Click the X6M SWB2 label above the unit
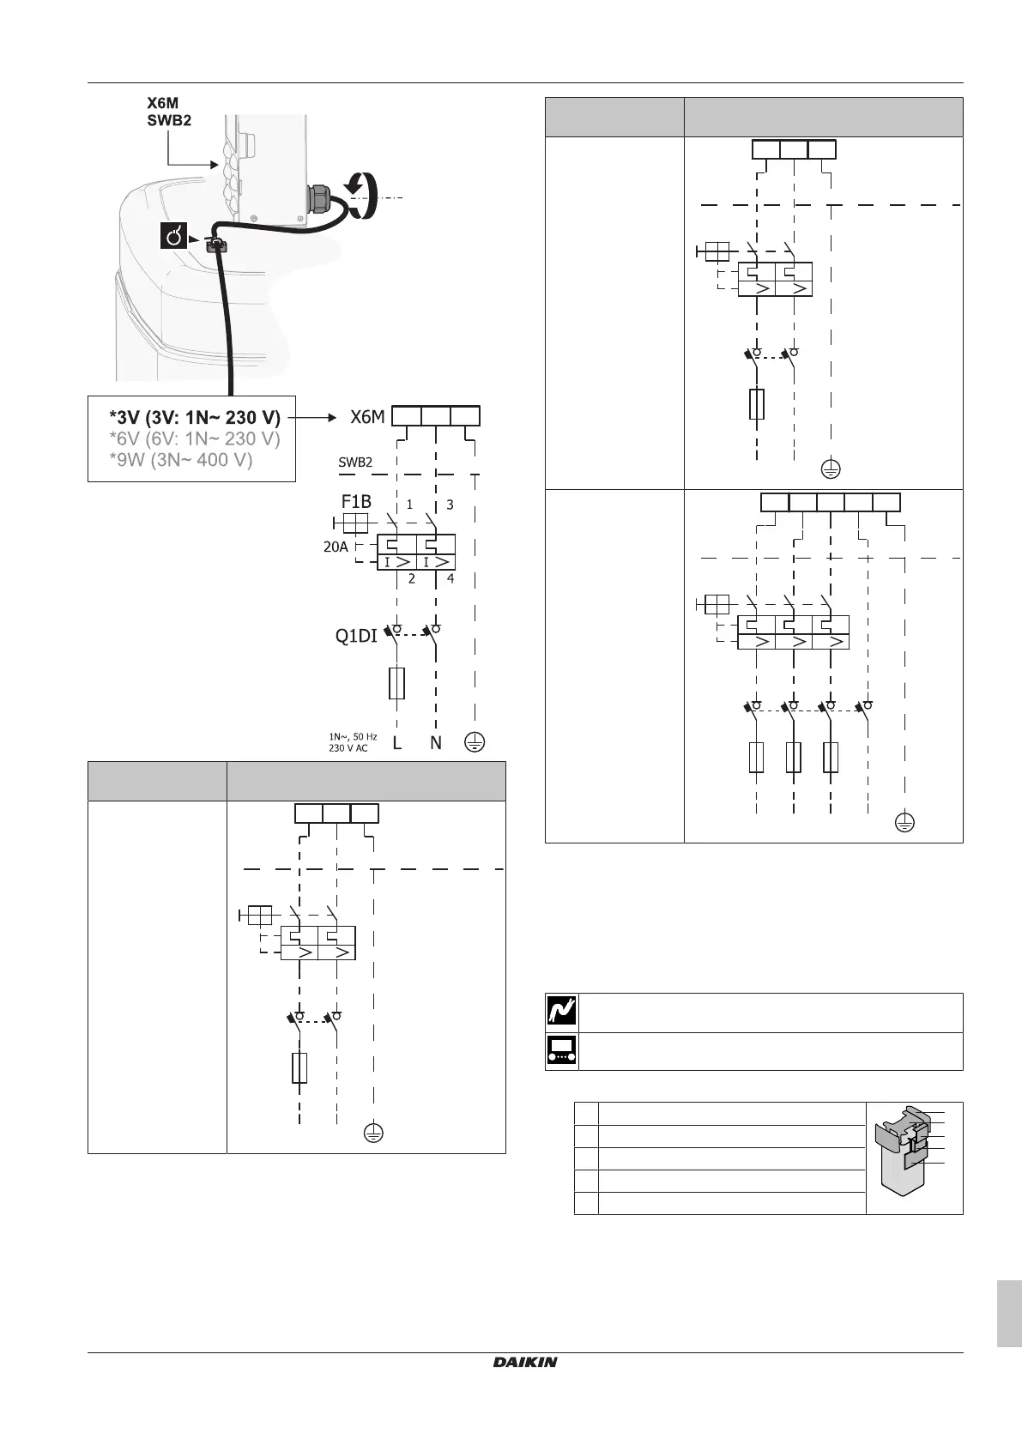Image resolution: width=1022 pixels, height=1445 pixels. coord(167,111)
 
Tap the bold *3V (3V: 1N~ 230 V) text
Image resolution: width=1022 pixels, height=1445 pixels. coord(195,418)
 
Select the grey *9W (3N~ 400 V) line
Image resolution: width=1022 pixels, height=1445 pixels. coord(180,460)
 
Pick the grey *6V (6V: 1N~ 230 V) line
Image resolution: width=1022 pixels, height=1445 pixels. coord(195,439)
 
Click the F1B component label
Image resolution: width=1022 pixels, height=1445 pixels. coord(356,502)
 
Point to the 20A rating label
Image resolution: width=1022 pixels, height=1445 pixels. coord(336,546)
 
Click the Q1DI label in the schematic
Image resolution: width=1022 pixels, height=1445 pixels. coord(356,637)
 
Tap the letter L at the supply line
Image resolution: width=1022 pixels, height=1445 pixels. coord(396,743)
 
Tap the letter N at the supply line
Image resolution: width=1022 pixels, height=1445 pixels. coord(436,743)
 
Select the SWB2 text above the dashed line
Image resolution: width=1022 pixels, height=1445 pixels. coord(355,462)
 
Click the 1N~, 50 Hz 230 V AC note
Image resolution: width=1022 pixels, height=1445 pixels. coord(353,742)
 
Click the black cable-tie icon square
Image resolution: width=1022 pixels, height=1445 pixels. coord(173,236)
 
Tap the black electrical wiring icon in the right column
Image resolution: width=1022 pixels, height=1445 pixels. coord(562,1013)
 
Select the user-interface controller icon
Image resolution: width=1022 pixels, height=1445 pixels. coord(562,1051)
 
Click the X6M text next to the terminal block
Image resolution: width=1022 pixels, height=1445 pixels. coord(367,417)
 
